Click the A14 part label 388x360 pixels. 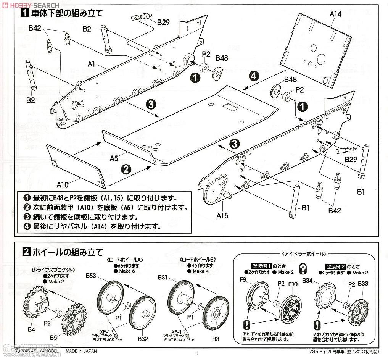[335, 14]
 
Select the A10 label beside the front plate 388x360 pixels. [63, 185]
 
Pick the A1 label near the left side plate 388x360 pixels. [91, 64]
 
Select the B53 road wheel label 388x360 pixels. [91, 275]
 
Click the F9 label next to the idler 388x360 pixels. [243, 279]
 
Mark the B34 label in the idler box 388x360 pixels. [308, 281]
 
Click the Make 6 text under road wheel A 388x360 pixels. [126, 271]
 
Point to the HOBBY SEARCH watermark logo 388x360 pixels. [31, 5]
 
